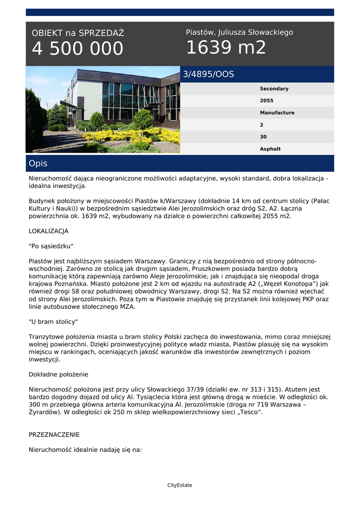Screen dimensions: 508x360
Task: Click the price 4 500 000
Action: coord(77,49)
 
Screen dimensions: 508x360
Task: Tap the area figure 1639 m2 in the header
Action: coord(226,48)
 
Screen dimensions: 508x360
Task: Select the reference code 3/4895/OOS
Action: coord(209,74)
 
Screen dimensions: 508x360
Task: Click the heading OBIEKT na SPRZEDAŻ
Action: coord(78,33)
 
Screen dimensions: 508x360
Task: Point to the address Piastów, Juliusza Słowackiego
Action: coord(239,32)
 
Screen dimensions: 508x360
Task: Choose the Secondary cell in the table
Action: coord(274,89)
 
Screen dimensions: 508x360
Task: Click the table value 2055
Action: coord(267,101)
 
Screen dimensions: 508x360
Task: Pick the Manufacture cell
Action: coord(277,113)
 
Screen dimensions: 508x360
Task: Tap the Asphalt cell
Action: coord(270,149)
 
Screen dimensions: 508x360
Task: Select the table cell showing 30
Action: coord(263,137)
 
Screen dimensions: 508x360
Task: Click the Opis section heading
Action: coord(38,163)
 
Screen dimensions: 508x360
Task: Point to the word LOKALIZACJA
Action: coord(49,231)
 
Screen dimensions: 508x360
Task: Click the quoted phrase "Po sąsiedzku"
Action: coord(51,246)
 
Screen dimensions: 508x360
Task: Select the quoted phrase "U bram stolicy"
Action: coord(53,322)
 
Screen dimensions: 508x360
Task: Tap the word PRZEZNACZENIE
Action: coord(54,435)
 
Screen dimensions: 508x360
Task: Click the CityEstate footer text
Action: coord(180,485)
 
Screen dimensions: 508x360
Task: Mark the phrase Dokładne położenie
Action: coord(59,375)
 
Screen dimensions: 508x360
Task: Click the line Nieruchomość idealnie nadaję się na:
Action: coord(85,450)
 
